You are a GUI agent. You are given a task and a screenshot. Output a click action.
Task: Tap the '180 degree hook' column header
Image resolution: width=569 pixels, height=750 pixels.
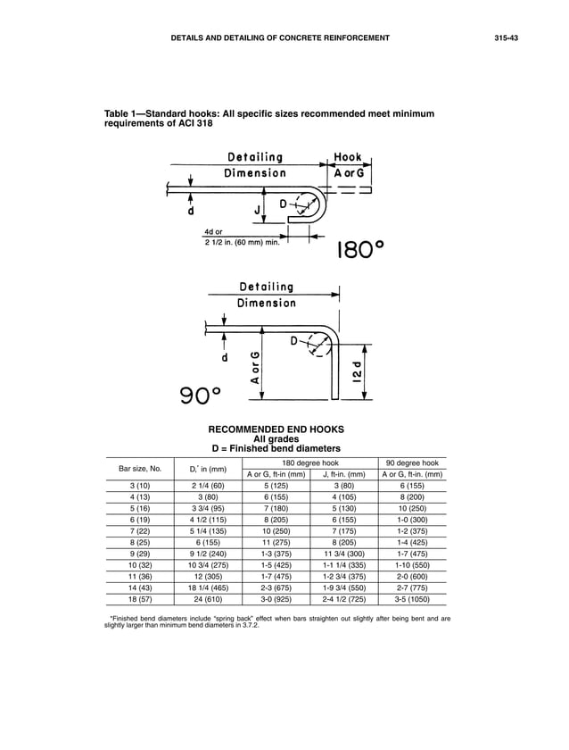pos(309,462)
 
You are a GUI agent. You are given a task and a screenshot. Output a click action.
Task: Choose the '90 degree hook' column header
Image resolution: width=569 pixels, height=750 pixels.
pos(412,462)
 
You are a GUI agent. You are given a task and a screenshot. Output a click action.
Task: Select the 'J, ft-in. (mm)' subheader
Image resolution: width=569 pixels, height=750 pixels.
pos(343,474)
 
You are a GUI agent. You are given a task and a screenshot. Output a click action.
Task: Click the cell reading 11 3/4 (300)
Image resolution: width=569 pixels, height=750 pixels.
pos(343,555)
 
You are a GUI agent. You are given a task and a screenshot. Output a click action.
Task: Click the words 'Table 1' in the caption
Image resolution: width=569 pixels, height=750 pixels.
pos(122,114)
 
